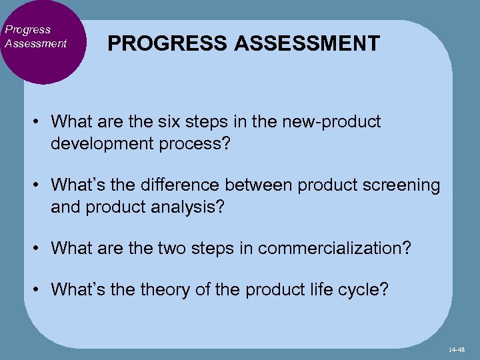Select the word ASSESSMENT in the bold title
coord(307,43)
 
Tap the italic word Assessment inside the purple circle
coord(35,43)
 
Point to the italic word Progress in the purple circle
coord(27,30)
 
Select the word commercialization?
coord(335,249)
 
